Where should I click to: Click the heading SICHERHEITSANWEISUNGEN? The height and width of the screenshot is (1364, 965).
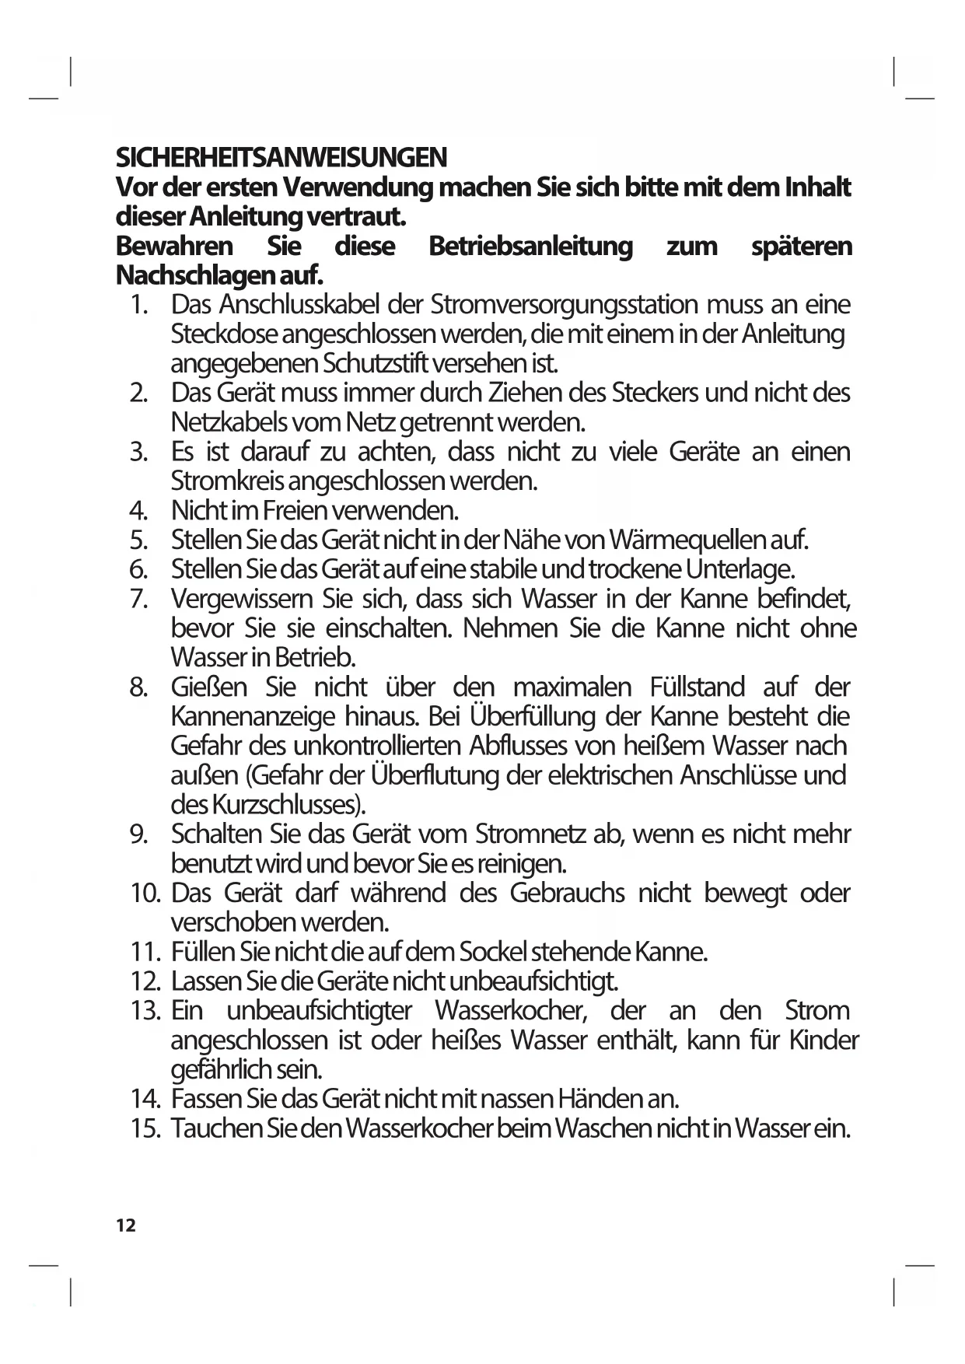point(281,158)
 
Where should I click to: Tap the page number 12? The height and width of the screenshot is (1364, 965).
point(125,1226)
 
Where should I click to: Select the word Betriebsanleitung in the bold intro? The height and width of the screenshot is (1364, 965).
point(530,247)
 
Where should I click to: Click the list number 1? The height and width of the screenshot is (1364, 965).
point(139,304)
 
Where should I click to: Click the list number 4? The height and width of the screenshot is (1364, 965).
point(139,511)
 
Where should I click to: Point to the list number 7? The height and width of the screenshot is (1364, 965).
point(139,599)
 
